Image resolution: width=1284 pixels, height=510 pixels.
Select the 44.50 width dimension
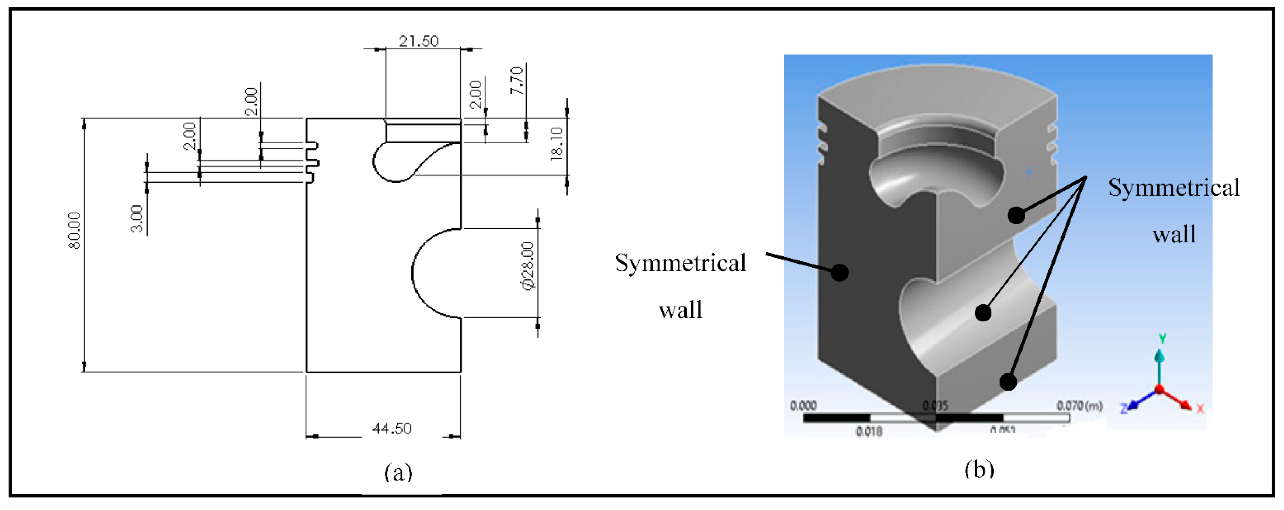point(392,428)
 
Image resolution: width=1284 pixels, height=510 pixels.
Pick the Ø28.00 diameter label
point(527,265)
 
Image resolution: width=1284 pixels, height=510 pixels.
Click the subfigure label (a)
point(398,471)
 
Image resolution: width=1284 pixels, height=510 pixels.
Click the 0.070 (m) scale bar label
point(1079,406)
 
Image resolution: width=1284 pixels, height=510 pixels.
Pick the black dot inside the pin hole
point(983,313)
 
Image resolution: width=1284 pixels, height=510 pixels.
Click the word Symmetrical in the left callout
point(680,263)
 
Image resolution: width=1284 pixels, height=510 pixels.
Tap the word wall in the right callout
point(1174,234)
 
